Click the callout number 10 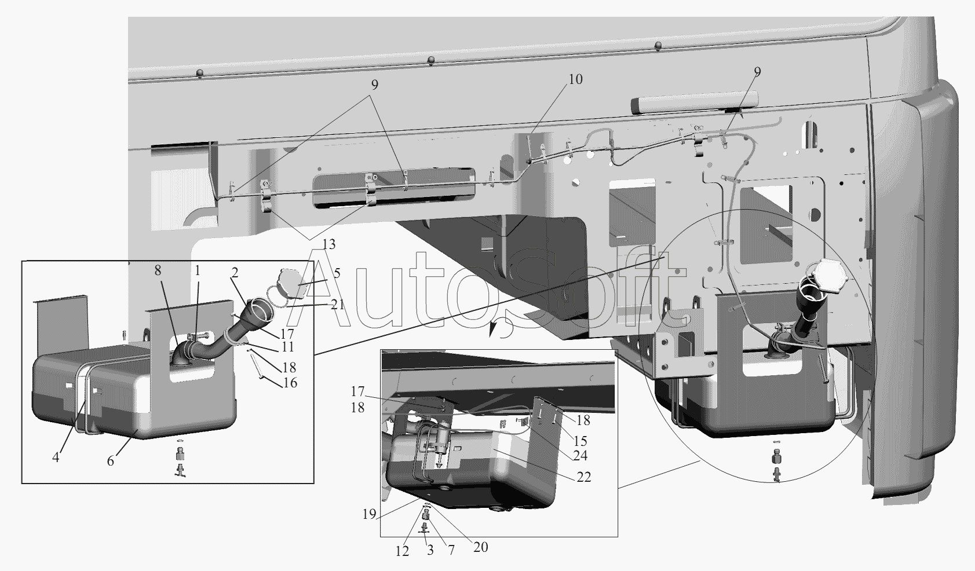click(575, 80)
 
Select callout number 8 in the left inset click(158, 270)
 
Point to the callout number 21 click(337, 305)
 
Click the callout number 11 click(288, 347)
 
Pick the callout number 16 click(290, 383)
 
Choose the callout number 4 click(56, 458)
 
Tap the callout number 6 click(111, 460)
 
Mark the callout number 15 click(580, 441)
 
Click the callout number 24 click(580, 456)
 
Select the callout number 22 click(583, 477)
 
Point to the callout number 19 click(369, 514)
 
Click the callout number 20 click(480, 547)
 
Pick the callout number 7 click(451, 551)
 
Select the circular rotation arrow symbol click(501, 327)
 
